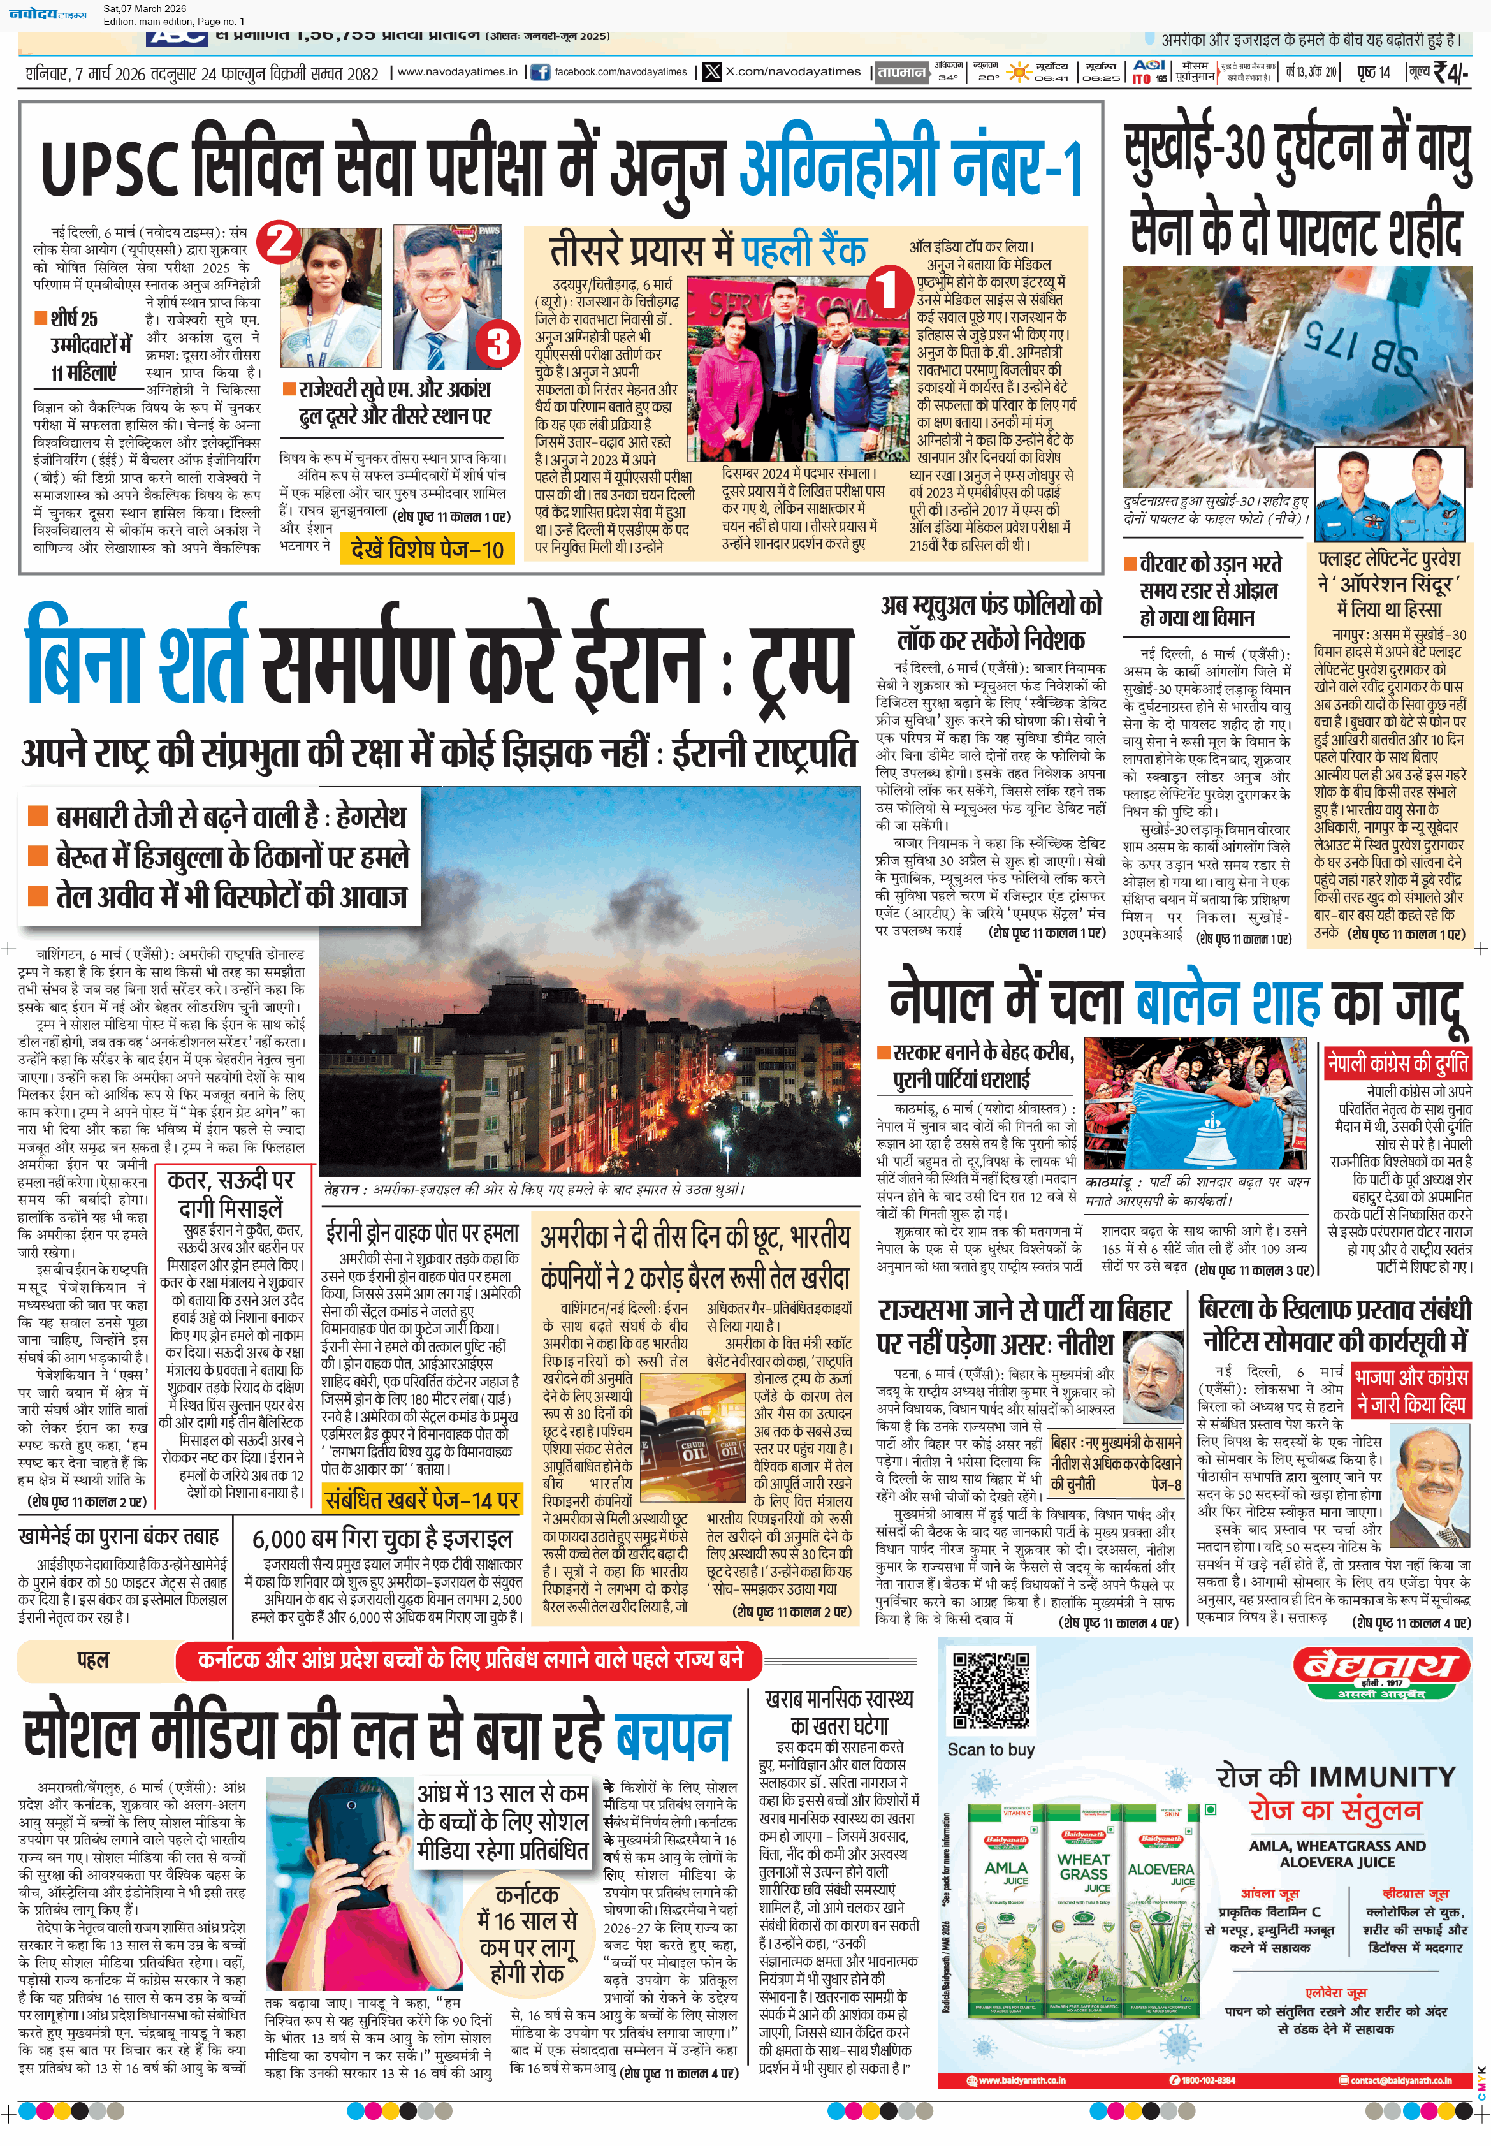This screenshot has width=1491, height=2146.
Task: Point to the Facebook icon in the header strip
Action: pyautogui.click(x=540, y=72)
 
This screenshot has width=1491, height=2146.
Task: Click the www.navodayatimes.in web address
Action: pyautogui.click(x=457, y=72)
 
